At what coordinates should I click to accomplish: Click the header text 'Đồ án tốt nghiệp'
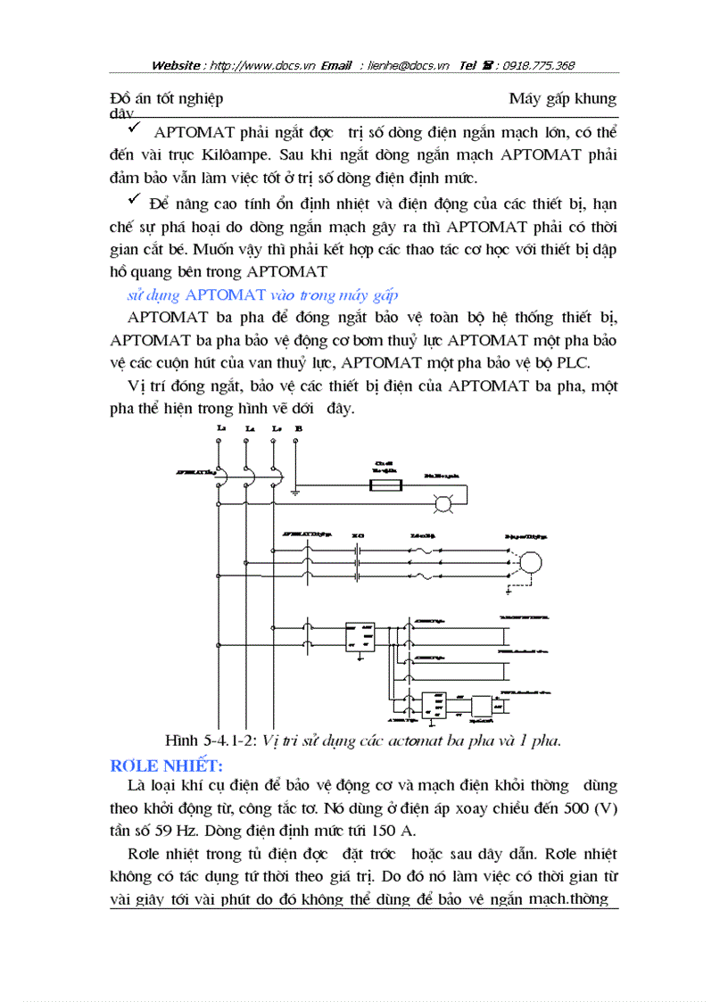(167, 98)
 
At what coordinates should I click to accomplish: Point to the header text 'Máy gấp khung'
(562, 98)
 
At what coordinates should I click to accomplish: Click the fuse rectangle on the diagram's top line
(386, 485)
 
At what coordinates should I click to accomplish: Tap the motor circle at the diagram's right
(531, 560)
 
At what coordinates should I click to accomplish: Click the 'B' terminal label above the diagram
(298, 429)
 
